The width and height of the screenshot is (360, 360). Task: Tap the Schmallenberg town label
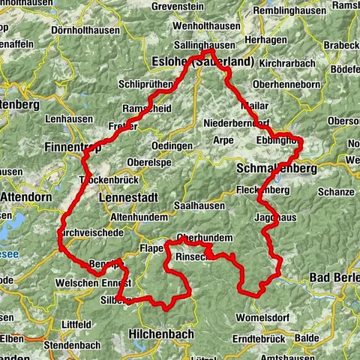275,169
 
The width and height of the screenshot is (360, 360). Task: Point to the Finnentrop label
73,147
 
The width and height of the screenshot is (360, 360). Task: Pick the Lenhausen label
69,118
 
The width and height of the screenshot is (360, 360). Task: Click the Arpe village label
224,139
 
